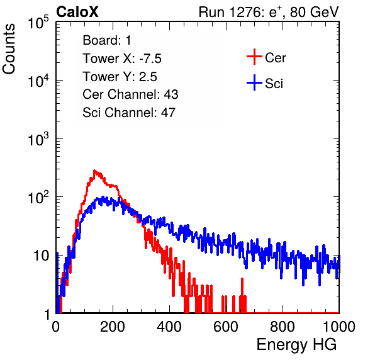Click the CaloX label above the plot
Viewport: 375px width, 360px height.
tap(77, 12)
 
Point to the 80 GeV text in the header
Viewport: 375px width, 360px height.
tap(314, 12)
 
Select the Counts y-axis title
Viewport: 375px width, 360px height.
tap(9, 49)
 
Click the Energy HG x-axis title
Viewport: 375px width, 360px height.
tap(296, 345)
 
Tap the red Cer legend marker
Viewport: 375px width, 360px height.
tap(254, 57)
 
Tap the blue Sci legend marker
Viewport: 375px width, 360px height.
tap(254, 82)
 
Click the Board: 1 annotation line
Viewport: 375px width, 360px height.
tap(107, 40)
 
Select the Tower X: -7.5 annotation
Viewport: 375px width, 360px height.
tap(122, 59)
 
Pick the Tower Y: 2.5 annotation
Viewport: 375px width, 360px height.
tap(120, 77)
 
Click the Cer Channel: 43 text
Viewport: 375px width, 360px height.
tap(130, 94)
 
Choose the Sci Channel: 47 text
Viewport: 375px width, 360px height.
tap(129, 113)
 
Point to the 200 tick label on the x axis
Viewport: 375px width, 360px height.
tap(113, 327)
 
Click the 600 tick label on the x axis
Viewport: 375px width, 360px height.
tap(226, 327)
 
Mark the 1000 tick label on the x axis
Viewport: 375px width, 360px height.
tap(339, 327)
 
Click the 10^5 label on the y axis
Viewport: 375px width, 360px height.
tap(38, 23)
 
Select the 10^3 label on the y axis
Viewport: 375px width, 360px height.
tap(38, 139)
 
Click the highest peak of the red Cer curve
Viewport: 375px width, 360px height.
tap(94, 171)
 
